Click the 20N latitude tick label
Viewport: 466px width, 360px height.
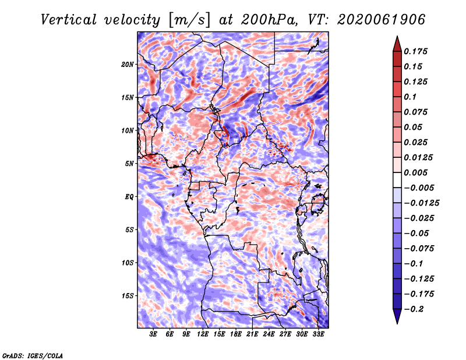pyautogui.click(x=128, y=64)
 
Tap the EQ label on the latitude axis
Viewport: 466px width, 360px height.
pyautogui.click(x=129, y=196)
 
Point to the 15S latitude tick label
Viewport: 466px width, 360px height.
pyautogui.click(x=128, y=295)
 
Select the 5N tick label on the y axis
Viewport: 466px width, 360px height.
pyautogui.click(x=129, y=163)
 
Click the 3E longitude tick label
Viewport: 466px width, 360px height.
pyautogui.click(x=153, y=334)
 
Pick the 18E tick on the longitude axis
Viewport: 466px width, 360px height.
pyautogui.click(x=236, y=334)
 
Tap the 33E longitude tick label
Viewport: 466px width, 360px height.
pyautogui.click(x=318, y=334)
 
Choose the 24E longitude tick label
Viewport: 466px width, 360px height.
pyautogui.click(x=269, y=334)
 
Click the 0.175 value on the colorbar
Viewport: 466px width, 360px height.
pyautogui.click(x=416, y=51)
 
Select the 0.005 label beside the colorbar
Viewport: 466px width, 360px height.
pyautogui.click(x=416, y=172)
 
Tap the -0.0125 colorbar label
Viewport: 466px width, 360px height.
pyautogui.click(x=422, y=203)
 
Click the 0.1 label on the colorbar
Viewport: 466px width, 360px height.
pyautogui.click(x=410, y=97)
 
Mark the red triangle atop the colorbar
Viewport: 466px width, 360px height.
pyautogui.click(x=397, y=44)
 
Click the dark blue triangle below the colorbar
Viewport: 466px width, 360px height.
pyautogui.click(x=397, y=316)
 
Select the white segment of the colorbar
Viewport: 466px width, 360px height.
pyautogui.click(x=397, y=180)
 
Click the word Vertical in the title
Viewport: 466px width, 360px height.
pyautogui.click(x=69, y=20)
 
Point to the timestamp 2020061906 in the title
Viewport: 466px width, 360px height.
pyautogui.click(x=382, y=20)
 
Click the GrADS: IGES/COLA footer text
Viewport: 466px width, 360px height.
pyautogui.click(x=33, y=355)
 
